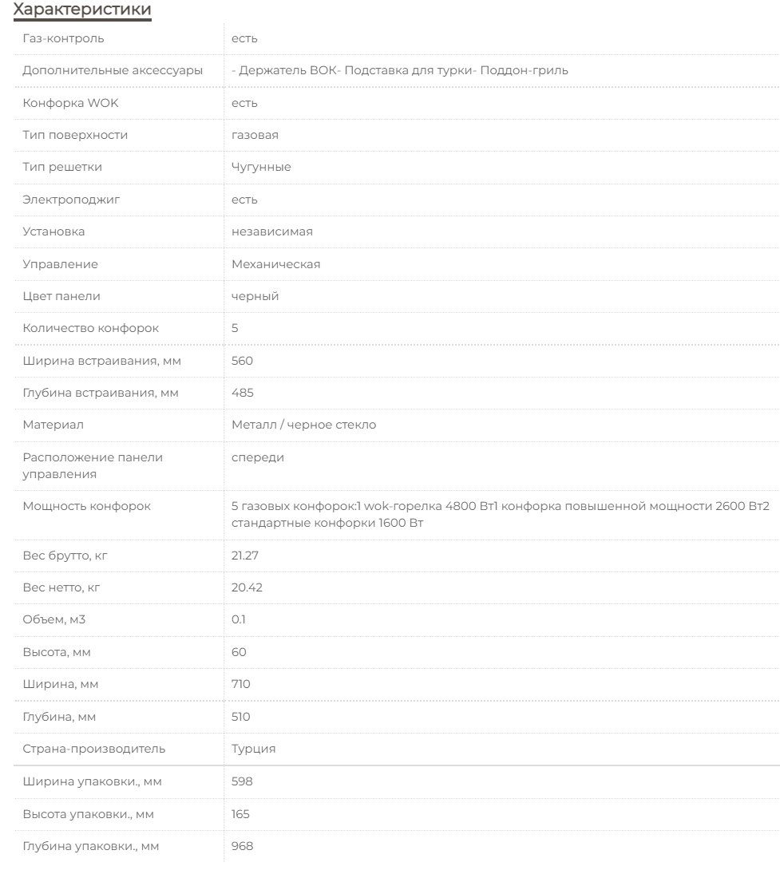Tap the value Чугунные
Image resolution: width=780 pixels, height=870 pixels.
tap(261, 167)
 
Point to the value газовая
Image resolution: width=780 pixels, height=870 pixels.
tap(255, 135)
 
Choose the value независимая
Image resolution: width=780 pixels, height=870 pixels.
tap(271, 231)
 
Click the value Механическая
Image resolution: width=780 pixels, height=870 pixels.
tap(275, 264)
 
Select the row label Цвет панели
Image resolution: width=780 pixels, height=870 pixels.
tap(61, 296)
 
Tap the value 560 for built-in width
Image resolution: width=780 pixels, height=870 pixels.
tap(242, 361)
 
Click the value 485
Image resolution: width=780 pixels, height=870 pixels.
tap(242, 393)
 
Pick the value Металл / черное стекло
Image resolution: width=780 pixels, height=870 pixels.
tap(303, 425)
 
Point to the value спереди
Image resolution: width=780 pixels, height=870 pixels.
tap(257, 457)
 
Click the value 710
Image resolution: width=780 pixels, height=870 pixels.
tap(241, 684)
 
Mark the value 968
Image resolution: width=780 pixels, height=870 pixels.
tap(242, 846)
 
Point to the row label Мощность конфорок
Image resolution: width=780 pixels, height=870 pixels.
tap(86, 506)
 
